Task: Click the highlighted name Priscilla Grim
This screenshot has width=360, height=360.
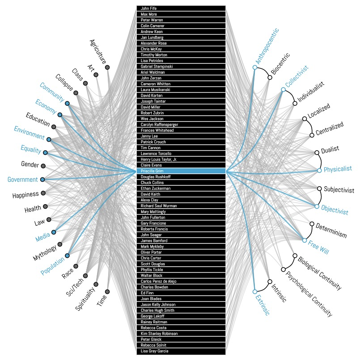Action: (x=181, y=171)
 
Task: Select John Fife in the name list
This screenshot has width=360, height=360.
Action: (x=181, y=8)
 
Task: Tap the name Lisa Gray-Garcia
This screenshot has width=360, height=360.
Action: (x=181, y=351)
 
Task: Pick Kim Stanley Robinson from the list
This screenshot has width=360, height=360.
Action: (x=181, y=334)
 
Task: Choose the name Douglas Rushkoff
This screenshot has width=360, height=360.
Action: (x=181, y=177)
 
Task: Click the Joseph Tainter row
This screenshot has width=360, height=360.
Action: (x=181, y=101)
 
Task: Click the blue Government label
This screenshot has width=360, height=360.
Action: (x=22, y=180)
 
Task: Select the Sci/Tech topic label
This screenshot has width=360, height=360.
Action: (x=72, y=282)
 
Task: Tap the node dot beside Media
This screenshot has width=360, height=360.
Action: (x=54, y=232)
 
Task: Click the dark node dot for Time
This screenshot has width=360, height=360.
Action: (x=107, y=292)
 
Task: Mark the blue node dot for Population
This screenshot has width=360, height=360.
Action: (x=67, y=256)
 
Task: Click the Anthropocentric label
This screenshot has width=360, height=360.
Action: (x=267, y=46)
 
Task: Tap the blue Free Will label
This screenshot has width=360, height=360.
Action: (x=318, y=246)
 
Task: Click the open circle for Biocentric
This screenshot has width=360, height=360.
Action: (x=270, y=78)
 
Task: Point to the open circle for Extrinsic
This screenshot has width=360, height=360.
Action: (x=255, y=291)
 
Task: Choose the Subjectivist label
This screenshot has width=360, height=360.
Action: (x=339, y=190)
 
